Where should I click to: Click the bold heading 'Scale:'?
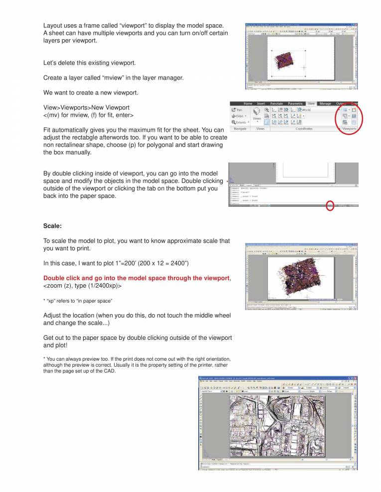pyautogui.click(x=52, y=226)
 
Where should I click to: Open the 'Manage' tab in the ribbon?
pyautogui.click(x=325, y=103)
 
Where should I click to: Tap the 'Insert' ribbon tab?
pyautogui.click(x=261, y=103)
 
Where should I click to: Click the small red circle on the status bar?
pyautogui.click(x=330, y=205)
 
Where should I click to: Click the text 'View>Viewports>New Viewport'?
pyautogui.click(x=87, y=107)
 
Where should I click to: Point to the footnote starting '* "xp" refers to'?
pyautogui.click(x=78, y=301)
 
